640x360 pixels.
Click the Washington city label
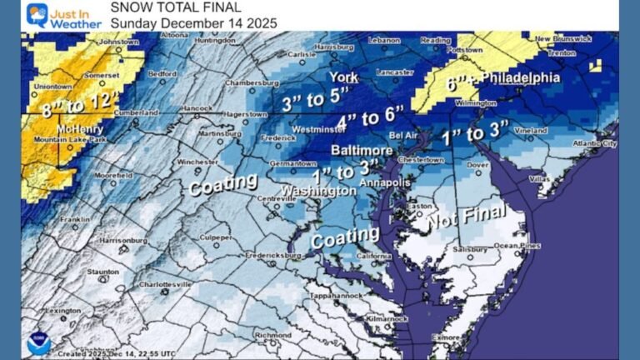coord(318,191)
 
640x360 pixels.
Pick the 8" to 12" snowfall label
coord(77,107)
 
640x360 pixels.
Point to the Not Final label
coord(467,217)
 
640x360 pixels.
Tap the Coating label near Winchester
coord(222,182)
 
